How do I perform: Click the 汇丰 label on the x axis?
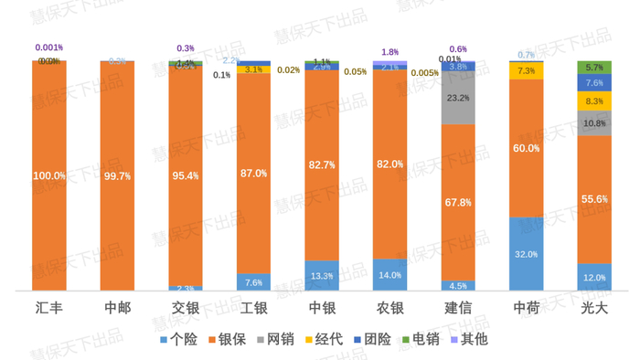pyautogui.click(x=49, y=308)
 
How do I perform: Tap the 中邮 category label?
pyautogui.click(x=117, y=308)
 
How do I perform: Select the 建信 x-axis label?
pyautogui.click(x=457, y=308)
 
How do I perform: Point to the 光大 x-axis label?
pyautogui.click(x=594, y=308)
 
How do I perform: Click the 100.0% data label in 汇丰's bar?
pyautogui.click(x=49, y=175)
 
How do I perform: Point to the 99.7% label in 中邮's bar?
pyautogui.click(x=117, y=175)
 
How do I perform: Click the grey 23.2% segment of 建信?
pyautogui.click(x=458, y=98)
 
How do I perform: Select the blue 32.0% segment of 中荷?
pyautogui.click(x=527, y=254)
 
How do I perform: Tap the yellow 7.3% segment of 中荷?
pyautogui.click(x=527, y=70)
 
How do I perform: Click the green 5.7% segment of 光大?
pyautogui.click(x=594, y=68)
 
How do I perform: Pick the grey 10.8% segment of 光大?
pyautogui.click(x=594, y=123)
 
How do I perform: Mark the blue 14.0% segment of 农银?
pyautogui.click(x=389, y=275)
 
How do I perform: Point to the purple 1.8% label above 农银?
pyautogui.click(x=389, y=52)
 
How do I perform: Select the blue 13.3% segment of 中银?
pyautogui.click(x=322, y=276)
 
